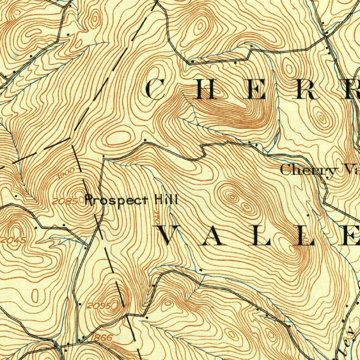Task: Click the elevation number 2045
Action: pyautogui.click(x=13, y=240)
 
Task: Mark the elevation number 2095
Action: pyautogui.click(x=99, y=306)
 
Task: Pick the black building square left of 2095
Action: pyautogui.click(x=80, y=303)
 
